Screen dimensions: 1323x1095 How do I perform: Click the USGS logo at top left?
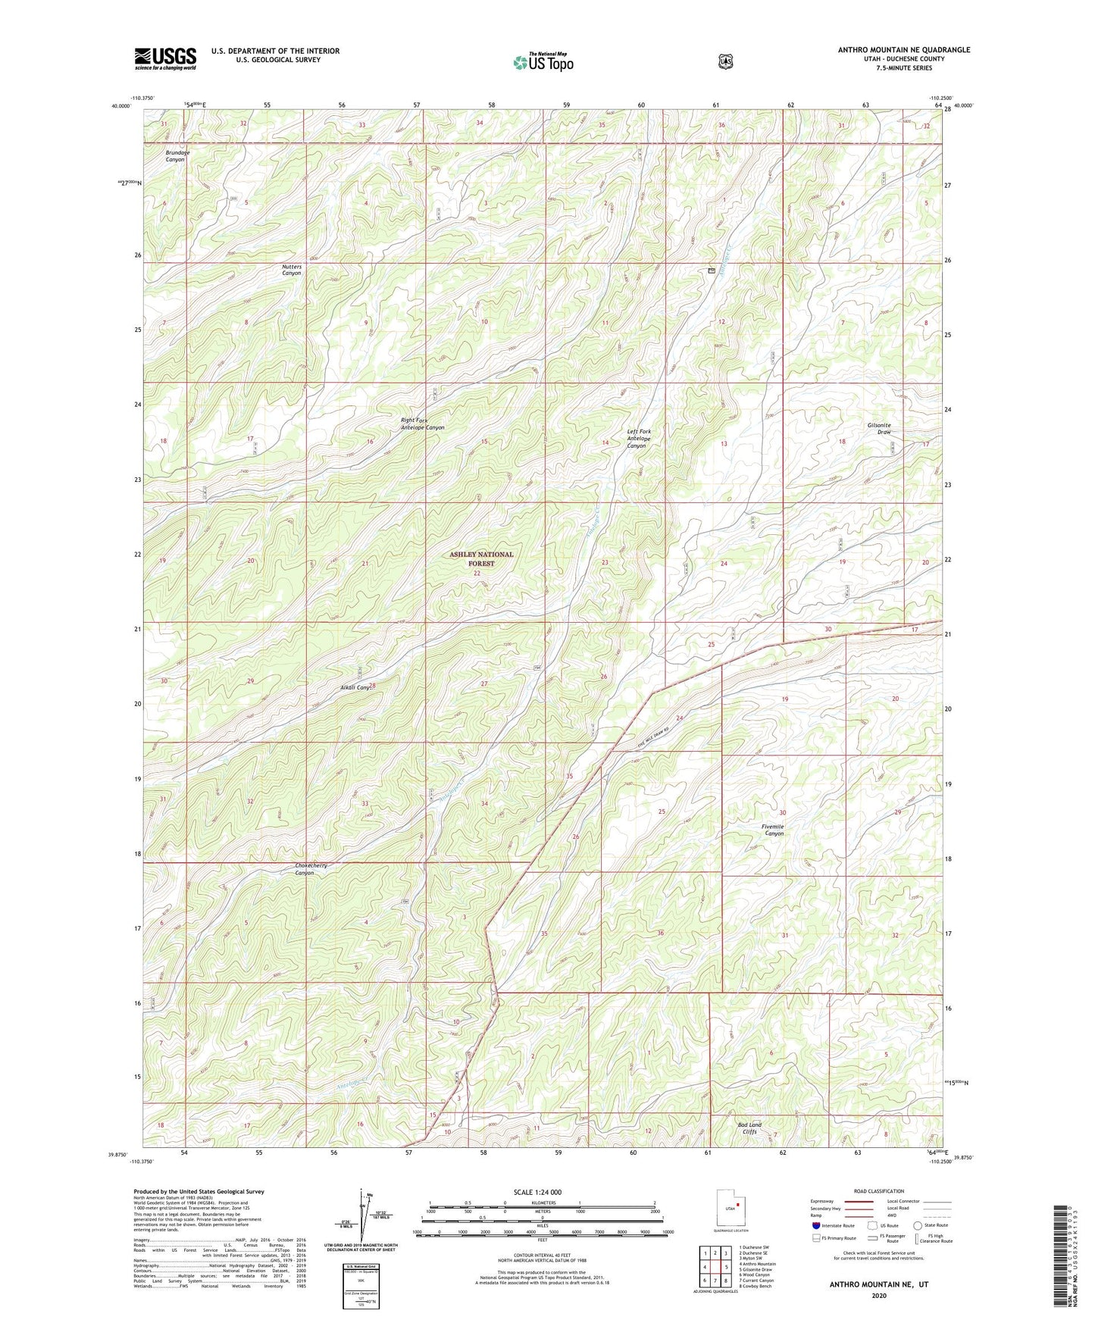(165, 58)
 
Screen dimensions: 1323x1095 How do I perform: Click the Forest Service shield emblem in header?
(725, 61)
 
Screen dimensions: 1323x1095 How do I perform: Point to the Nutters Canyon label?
(292, 270)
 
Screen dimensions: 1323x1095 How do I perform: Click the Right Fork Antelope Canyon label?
(422, 424)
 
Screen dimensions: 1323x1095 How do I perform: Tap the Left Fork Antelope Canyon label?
(638, 438)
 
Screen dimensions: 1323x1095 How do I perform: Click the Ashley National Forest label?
(481, 558)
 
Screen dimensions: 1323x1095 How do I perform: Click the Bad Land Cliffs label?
(749, 1128)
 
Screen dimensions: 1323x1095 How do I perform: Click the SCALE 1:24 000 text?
(537, 1192)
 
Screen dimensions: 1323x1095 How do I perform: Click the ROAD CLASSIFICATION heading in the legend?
(879, 1191)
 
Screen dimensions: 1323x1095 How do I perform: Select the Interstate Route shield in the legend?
(815, 1225)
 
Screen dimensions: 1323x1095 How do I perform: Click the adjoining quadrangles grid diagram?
(715, 1267)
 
